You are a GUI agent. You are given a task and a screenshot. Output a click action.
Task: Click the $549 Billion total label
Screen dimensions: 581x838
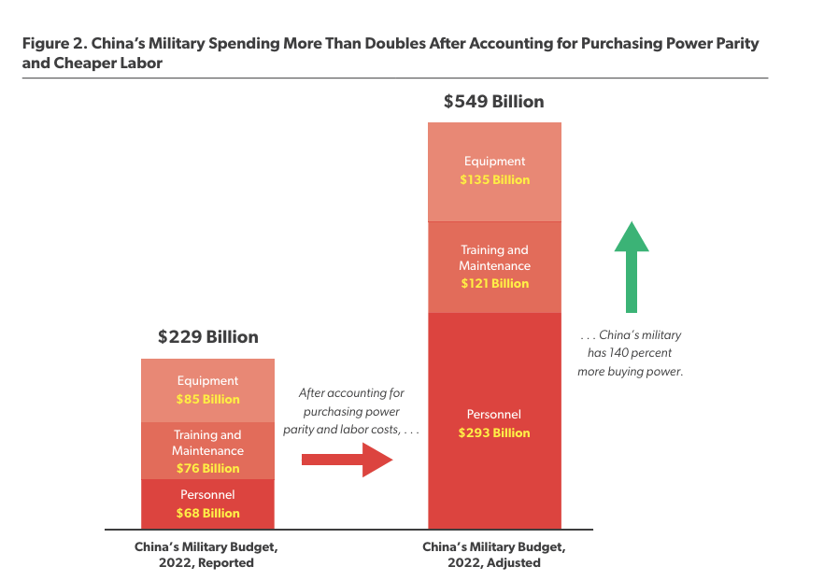[x=493, y=102]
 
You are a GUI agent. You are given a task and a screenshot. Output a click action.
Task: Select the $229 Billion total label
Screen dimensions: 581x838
[x=207, y=337]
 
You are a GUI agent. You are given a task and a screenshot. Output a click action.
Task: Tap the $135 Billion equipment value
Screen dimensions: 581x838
[x=494, y=179]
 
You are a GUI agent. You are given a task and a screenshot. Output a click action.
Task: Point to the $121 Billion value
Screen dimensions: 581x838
[x=494, y=283]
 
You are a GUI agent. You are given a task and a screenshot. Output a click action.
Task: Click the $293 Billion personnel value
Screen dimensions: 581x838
[x=494, y=432]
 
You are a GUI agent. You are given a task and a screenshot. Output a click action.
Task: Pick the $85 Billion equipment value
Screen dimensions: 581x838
[x=207, y=399]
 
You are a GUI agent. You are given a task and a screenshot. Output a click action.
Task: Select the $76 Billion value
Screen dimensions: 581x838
[x=207, y=468]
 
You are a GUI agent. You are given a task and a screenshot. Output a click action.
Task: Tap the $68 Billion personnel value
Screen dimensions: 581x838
[x=207, y=513]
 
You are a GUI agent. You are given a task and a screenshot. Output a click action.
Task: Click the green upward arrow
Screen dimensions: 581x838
[x=632, y=266]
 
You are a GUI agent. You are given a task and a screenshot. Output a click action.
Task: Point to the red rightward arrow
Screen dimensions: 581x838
[x=346, y=459]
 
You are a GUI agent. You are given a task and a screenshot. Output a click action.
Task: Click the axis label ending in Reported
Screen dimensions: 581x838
[x=206, y=555]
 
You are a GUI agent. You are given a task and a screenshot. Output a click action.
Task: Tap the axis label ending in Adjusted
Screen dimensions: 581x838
[x=493, y=555]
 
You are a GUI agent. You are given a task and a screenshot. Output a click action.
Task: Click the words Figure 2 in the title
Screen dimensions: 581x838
[x=52, y=44]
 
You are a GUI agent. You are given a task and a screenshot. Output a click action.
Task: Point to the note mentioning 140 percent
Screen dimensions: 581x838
[x=632, y=353]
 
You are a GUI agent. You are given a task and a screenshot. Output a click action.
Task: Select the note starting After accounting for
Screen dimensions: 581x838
[x=351, y=411]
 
